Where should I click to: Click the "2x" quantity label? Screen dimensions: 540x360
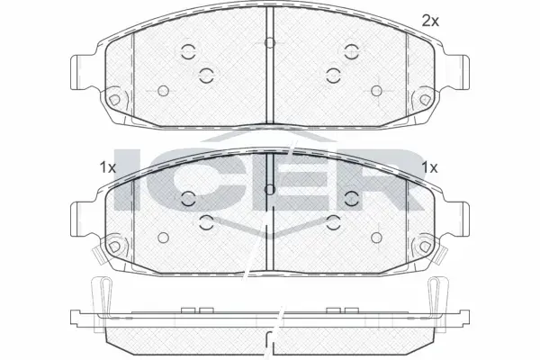coord(430,22)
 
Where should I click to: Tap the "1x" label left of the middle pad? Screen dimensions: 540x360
coord(107,168)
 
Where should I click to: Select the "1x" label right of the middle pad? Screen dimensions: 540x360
coord(430,168)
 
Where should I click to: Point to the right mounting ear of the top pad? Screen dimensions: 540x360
coord(457,73)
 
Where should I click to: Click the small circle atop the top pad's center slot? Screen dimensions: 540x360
coord(270,42)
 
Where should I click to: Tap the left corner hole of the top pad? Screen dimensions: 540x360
coord(114,100)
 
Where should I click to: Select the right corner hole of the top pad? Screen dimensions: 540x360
coord(426,100)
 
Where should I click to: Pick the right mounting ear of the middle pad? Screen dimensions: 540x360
coord(457,220)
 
